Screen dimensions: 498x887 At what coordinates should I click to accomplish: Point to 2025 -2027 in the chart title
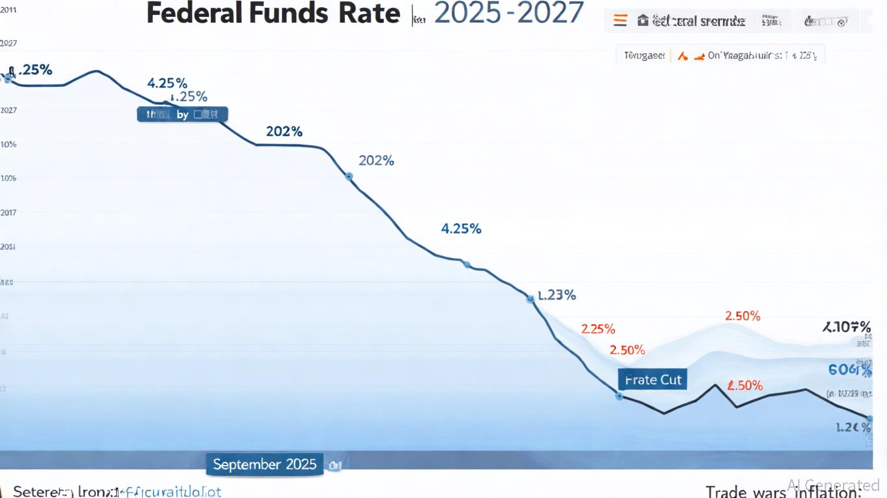[x=508, y=13]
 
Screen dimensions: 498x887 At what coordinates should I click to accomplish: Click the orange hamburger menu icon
[x=621, y=21]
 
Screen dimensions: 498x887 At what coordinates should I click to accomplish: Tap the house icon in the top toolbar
[x=643, y=21]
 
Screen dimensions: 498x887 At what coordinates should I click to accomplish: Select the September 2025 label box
[x=265, y=464]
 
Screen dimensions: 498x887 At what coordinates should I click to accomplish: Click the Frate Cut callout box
[x=653, y=380]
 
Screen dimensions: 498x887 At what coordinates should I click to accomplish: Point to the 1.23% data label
[x=557, y=295]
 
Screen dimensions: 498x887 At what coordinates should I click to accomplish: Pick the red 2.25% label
[x=598, y=329]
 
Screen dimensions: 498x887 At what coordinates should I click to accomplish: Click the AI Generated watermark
[x=833, y=485]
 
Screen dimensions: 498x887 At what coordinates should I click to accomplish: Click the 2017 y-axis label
[x=8, y=213]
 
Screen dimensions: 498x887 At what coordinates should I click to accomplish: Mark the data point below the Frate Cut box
[x=619, y=396]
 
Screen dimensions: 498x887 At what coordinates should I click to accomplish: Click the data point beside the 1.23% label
[x=530, y=299]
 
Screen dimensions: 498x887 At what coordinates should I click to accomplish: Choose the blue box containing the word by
[x=182, y=115]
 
